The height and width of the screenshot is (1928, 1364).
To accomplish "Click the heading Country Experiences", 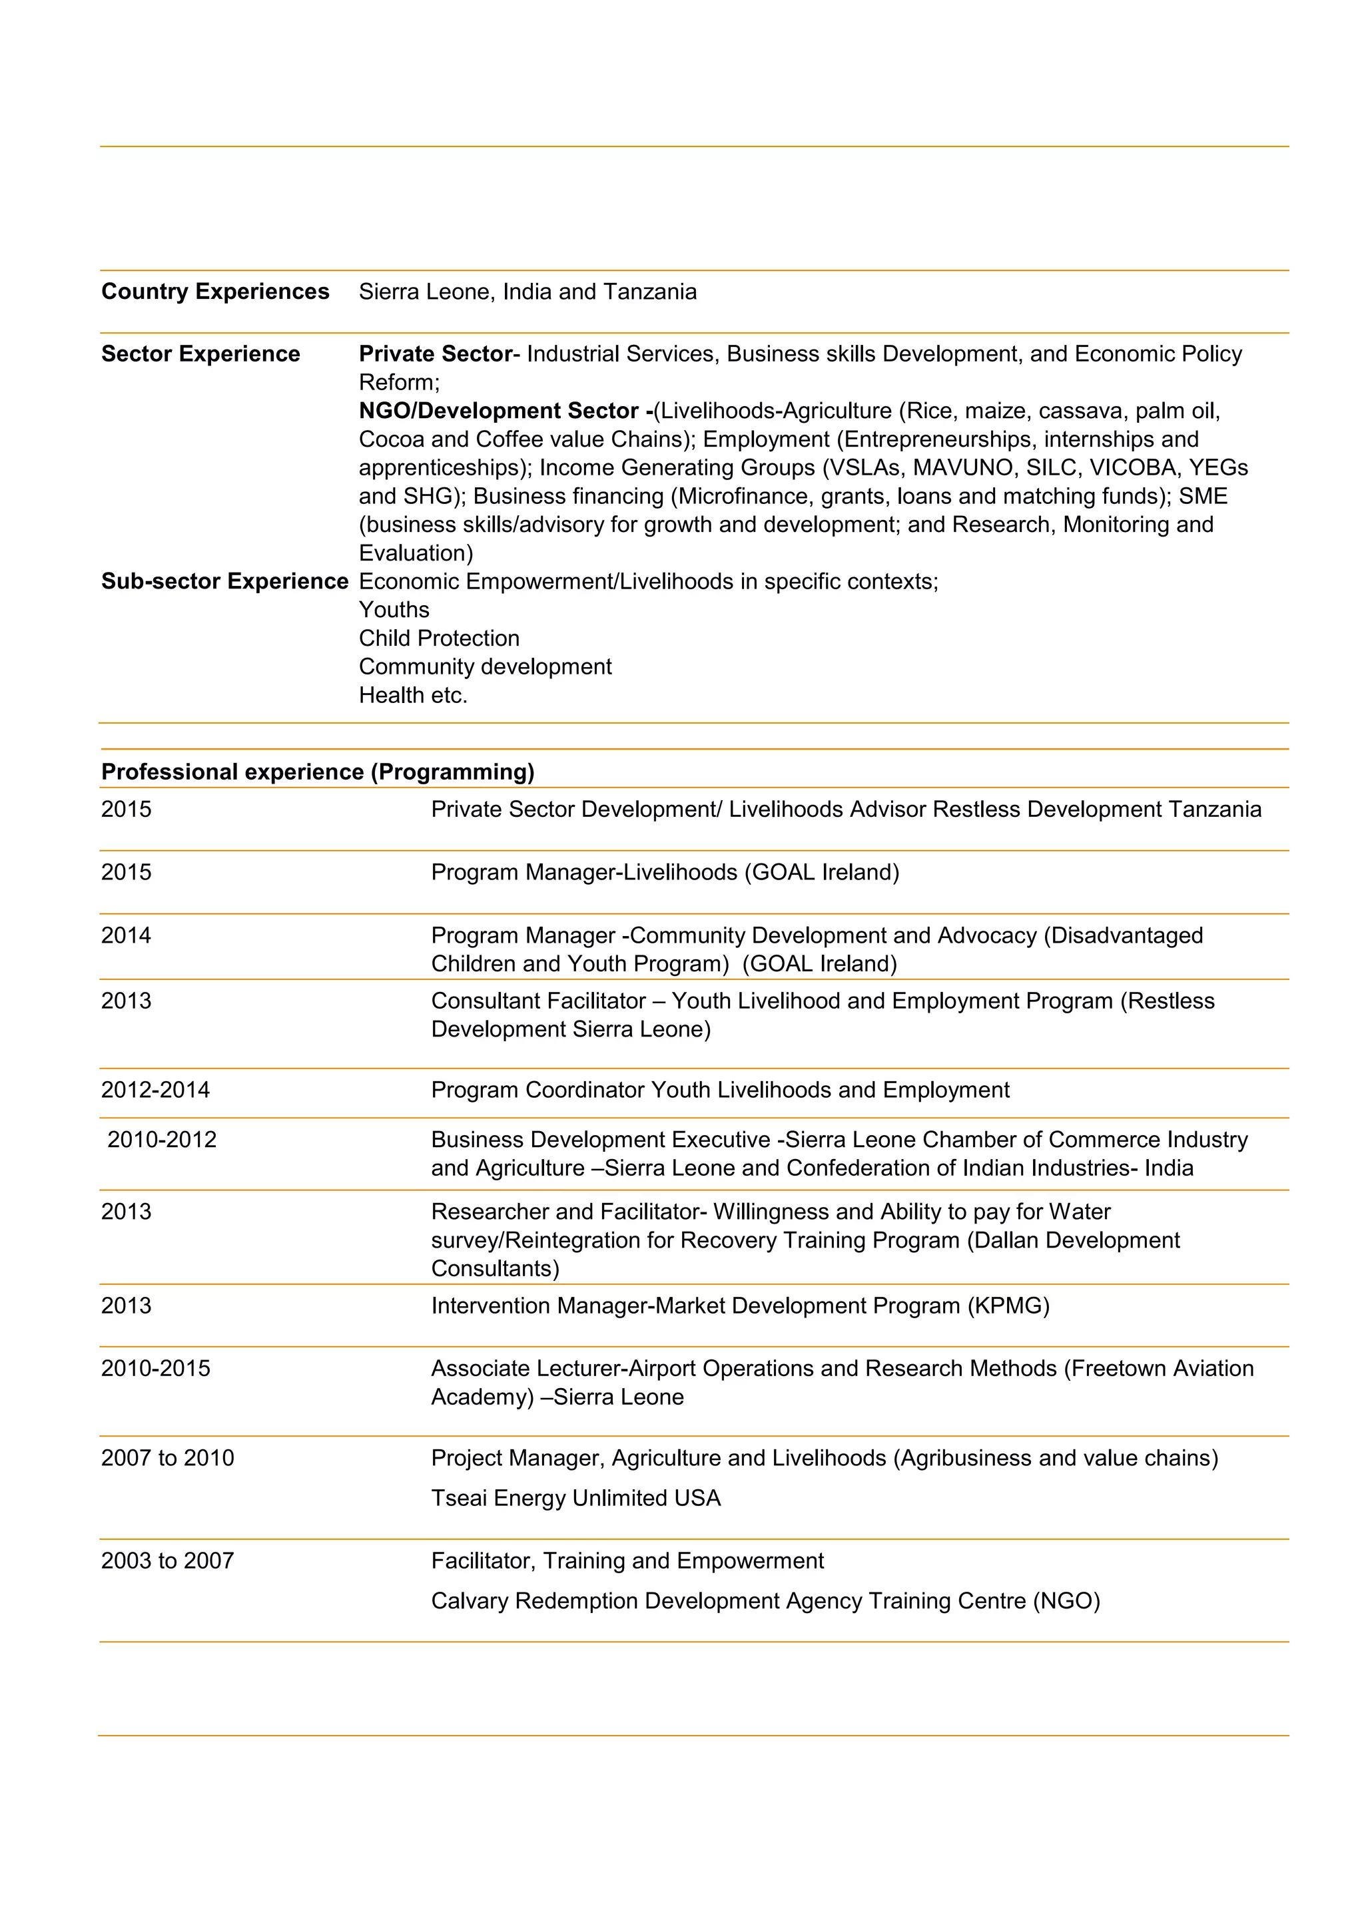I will pos(215,292).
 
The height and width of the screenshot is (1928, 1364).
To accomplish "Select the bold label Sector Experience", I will pos(200,354).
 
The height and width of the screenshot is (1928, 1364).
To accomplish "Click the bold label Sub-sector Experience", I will pos(224,581).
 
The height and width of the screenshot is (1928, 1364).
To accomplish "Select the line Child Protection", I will pos(438,638).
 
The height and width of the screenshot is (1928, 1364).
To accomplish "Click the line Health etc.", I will pos(412,695).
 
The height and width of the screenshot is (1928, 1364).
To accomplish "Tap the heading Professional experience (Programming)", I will pos(318,772).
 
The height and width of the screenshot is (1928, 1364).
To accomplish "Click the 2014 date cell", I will pos(126,935).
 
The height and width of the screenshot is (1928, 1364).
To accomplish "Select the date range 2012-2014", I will pos(155,1090).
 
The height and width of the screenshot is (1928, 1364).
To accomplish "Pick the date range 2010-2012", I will pos(161,1140).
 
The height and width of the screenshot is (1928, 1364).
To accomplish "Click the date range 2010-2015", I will pos(155,1368).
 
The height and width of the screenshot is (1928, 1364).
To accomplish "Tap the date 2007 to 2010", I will pos(167,1458).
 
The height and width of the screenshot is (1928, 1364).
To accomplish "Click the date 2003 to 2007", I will pos(167,1561).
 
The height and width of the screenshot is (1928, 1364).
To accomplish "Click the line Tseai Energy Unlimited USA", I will pos(575,1498).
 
